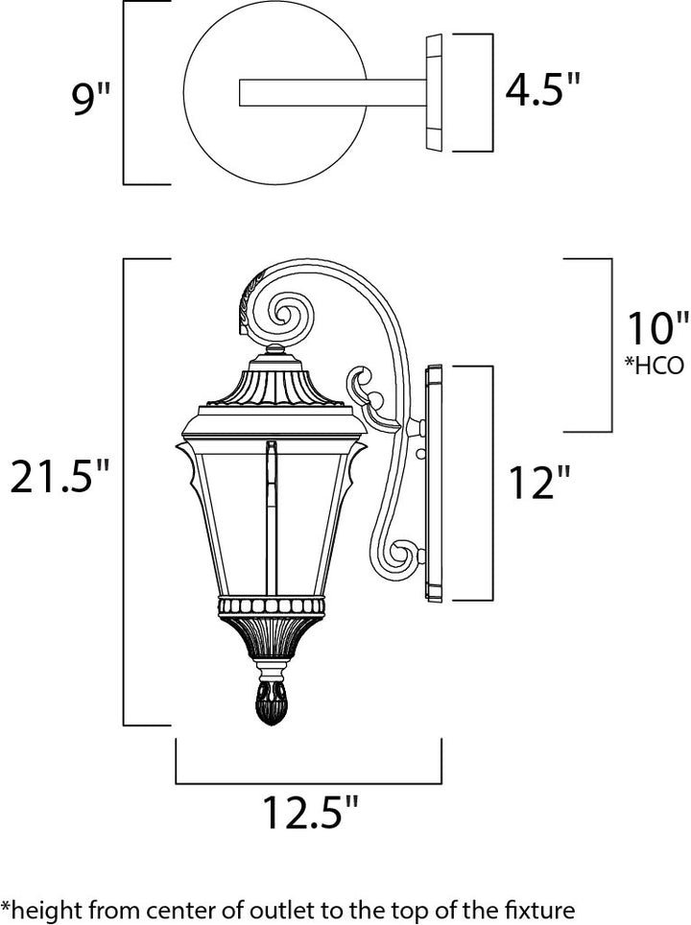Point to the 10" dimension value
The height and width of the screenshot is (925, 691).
pyautogui.click(x=657, y=328)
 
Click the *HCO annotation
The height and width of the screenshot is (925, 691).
pyautogui.click(x=655, y=366)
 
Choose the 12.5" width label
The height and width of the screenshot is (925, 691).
pyautogui.click(x=310, y=813)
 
